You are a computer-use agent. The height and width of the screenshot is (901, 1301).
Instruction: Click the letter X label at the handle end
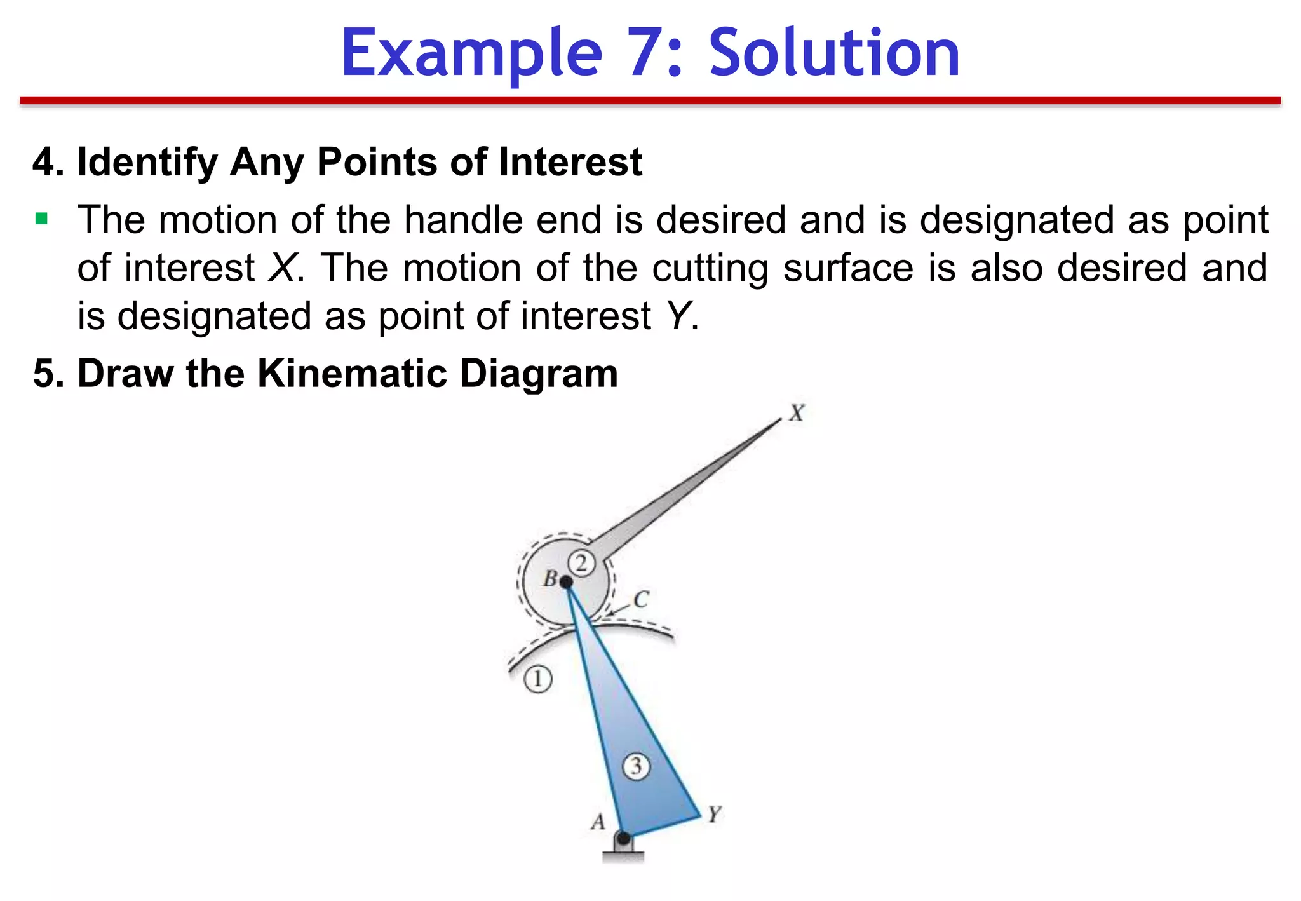click(x=797, y=414)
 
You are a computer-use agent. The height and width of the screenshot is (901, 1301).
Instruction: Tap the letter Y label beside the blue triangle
click(x=715, y=814)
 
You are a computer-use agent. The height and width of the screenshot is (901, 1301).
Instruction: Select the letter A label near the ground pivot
click(x=598, y=822)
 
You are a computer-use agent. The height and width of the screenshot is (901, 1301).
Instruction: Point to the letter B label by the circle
click(x=550, y=579)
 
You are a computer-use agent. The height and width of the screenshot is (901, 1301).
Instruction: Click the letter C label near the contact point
click(x=641, y=599)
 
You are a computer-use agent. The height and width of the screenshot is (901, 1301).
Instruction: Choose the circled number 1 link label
click(x=538, y=679)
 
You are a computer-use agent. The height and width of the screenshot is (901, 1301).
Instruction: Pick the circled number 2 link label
click(x=581, y=563)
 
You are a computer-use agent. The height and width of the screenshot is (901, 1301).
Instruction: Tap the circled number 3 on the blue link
click(x=636, y=766)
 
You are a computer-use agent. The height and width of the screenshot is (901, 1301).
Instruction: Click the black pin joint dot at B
click(x=566, y=582)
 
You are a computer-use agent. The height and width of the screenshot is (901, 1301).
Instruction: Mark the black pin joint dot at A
click(x=624, y=838)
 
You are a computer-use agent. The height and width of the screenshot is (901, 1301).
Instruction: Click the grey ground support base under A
click(x=623, y=855)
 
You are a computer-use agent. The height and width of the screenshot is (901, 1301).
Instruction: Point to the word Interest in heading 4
click(x=570, y=162)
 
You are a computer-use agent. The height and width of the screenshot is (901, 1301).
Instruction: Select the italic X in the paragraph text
click(x=282, y=268)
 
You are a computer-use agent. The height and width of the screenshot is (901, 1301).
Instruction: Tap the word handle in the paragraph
click(x=462, y=220)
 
